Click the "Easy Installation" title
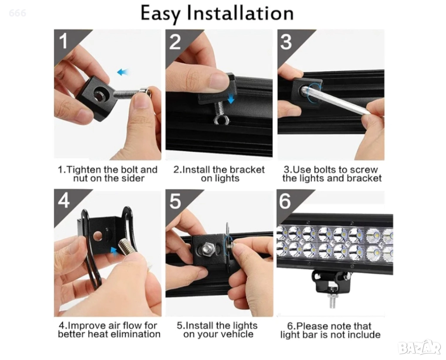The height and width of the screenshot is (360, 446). [217, 13]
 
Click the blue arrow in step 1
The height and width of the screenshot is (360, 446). [122, 72]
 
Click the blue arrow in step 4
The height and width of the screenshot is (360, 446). [114, 251]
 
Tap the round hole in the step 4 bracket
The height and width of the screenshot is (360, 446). [98, 236]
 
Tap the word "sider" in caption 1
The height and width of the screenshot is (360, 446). [132, 178]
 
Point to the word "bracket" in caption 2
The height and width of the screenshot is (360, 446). [247, 170]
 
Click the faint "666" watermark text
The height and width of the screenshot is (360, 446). [17, 13]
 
